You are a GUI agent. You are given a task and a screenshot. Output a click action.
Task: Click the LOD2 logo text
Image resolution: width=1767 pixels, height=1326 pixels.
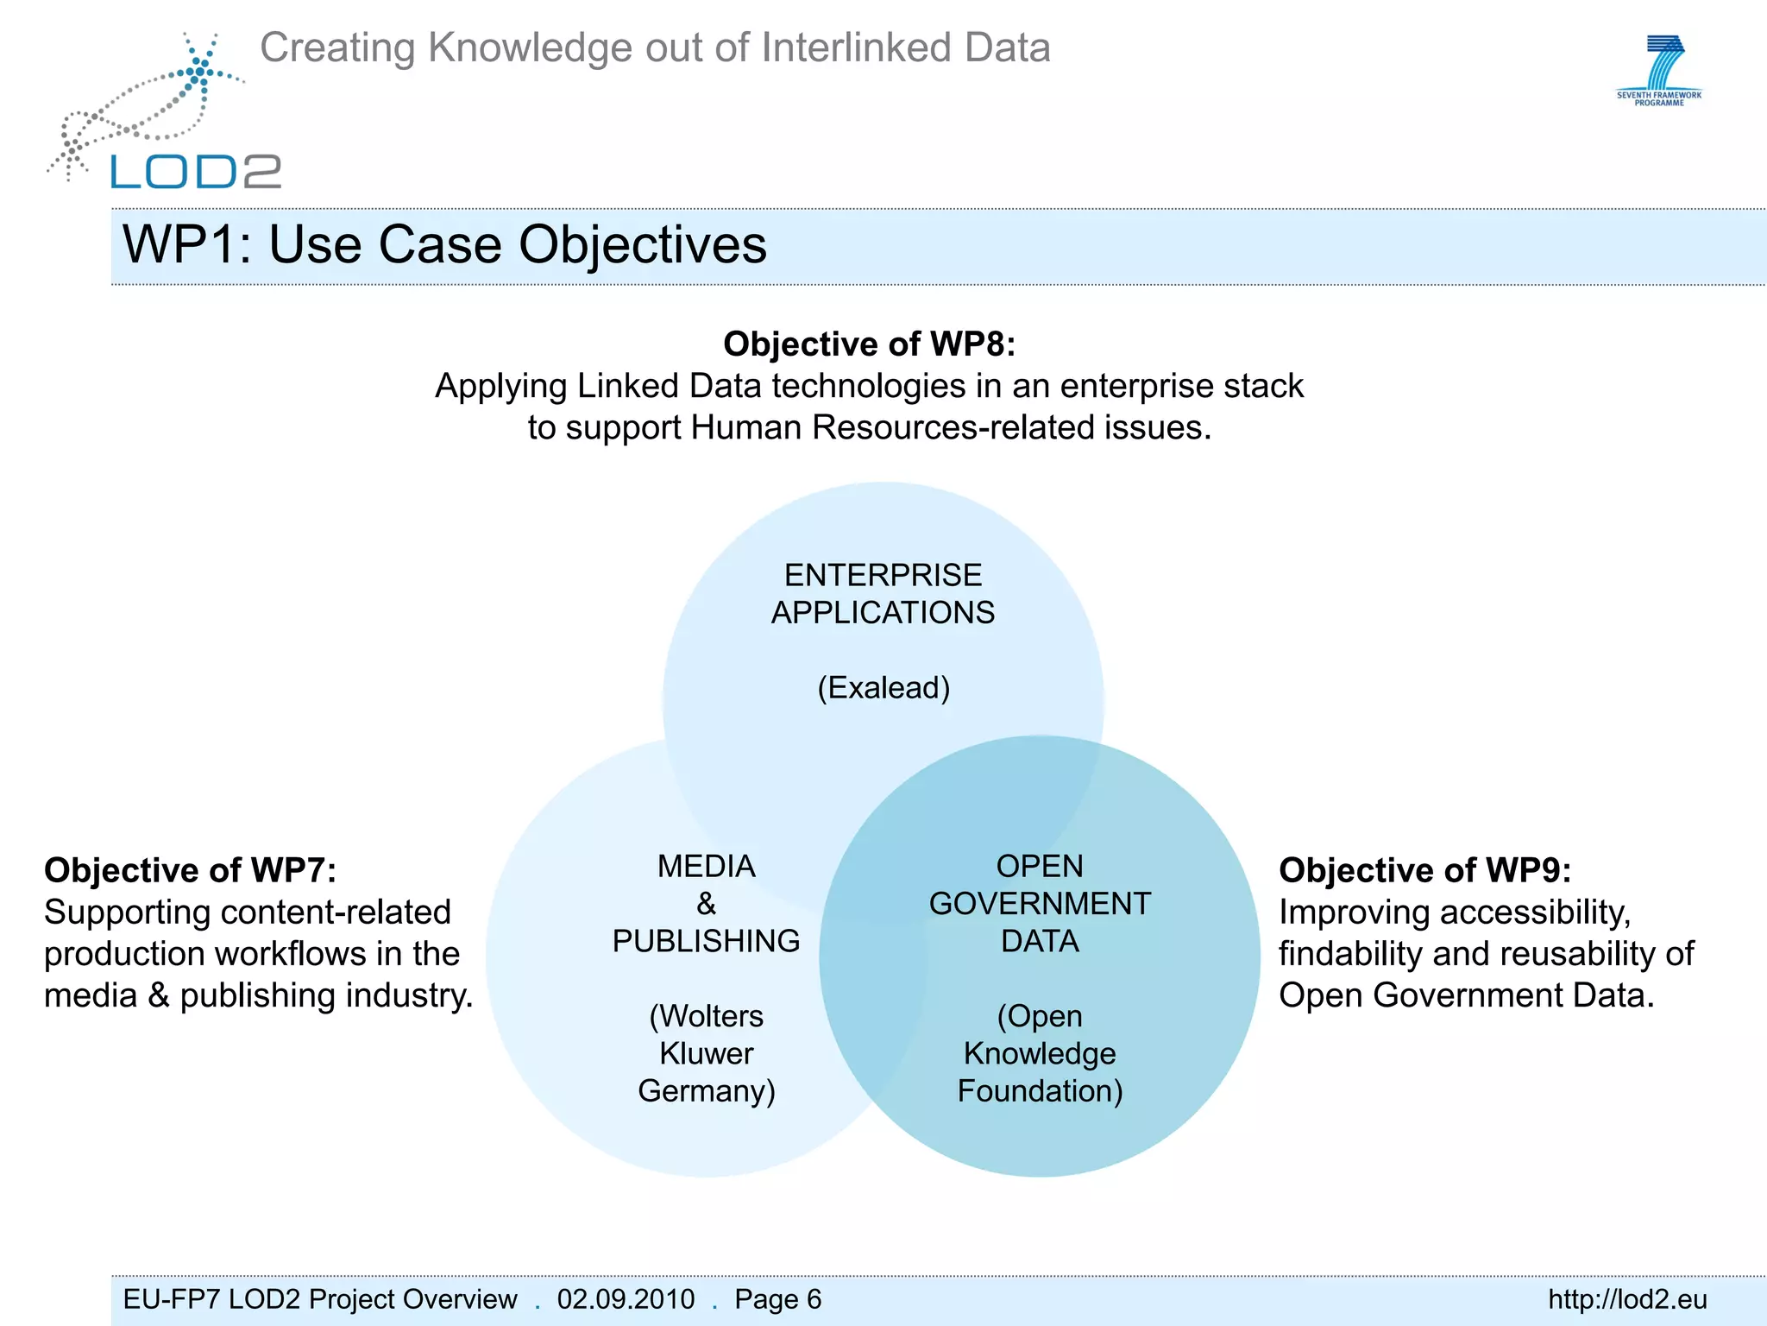click(x=196, y=172)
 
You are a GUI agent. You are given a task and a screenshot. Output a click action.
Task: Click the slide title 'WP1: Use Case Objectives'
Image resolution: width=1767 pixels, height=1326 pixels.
click(x=444, y=244)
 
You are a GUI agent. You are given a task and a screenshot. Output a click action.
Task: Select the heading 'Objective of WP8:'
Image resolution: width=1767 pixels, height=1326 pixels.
click(x=869, y=344)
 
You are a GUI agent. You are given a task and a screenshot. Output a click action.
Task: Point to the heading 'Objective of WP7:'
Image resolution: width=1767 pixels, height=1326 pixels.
click(x=190, y=870)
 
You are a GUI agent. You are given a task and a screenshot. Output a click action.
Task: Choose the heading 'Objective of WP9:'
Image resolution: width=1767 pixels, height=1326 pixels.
click(x=1424, y=870)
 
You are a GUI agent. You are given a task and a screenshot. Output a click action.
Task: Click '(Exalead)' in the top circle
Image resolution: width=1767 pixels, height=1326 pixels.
click(x=883, y=688)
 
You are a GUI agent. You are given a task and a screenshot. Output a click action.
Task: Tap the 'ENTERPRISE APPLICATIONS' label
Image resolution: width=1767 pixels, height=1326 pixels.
click(x=883, y=594)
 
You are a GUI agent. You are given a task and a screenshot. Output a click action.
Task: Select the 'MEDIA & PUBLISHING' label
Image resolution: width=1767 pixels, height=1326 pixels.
click(x=706, y=903)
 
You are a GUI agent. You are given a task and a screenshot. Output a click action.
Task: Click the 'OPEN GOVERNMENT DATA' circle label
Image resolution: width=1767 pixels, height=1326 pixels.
click(x=1040, y=903)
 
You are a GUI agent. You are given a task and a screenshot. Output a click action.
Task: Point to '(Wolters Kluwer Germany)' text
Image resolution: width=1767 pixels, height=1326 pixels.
click(x=706, y=1053)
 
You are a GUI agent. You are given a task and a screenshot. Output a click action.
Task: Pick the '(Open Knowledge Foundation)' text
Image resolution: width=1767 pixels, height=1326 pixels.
click(x=1040, y=1053)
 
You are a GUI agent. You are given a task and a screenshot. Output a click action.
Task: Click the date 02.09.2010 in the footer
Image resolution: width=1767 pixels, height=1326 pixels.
click(x=626, y=1299)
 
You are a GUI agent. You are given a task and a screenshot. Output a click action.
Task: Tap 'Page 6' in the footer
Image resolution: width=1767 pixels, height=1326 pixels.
click(x=777, y=1299)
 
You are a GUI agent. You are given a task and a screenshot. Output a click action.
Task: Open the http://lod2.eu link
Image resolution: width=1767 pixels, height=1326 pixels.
click(x=1627, y=1299)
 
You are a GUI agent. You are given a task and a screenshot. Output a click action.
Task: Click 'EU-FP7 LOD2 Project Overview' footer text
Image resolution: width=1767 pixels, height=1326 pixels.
click(x=319, y=1299)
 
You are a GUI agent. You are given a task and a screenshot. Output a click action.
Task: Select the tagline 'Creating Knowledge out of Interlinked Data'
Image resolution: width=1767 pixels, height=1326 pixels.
click(x=655, y=47)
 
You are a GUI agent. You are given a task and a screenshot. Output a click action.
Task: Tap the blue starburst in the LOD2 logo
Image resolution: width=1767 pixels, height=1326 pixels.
click(x=200, y=72)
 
